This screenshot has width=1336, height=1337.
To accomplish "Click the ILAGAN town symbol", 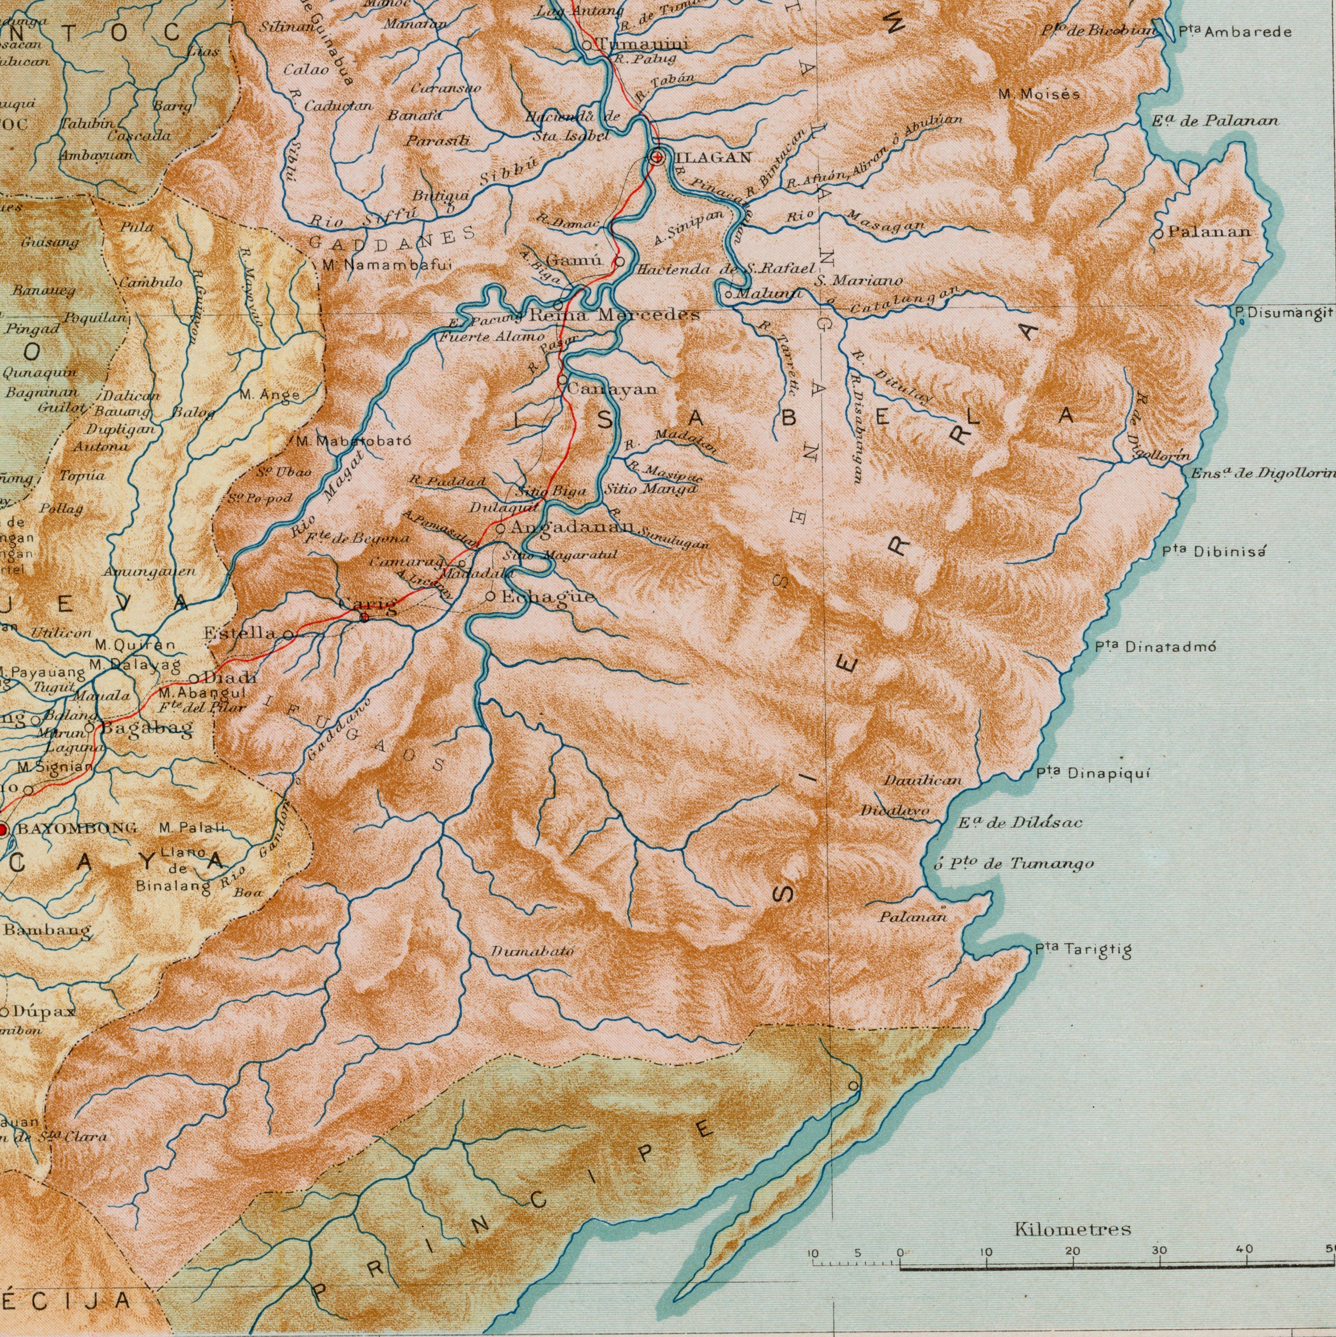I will tap(656, 157).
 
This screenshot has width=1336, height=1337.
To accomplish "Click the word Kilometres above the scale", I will tap(1072, 1229).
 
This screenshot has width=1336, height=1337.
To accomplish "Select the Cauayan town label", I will tap(612, 389).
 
